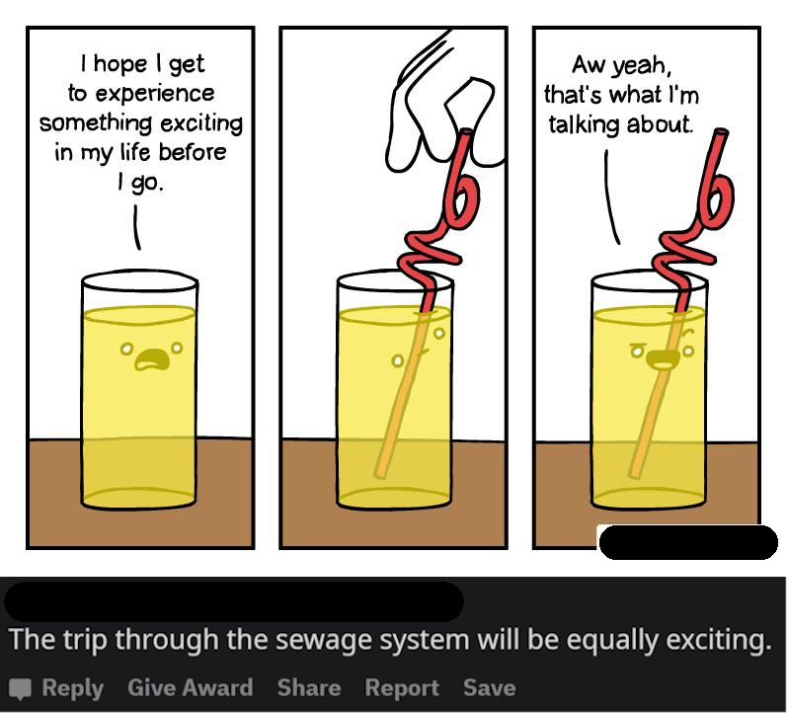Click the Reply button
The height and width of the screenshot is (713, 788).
(73, 687)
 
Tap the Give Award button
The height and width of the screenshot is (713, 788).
(190, 687)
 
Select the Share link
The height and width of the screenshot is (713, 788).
(309, 687)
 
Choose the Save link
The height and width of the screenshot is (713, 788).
(490, 687)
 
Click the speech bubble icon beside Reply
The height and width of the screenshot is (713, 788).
(21, 689)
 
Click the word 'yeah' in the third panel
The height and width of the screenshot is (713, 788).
(641, 66)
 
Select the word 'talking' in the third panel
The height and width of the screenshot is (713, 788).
(583, 124)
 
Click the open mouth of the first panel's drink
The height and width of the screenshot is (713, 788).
(152, 358)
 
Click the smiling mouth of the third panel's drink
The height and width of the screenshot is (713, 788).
(663, 358)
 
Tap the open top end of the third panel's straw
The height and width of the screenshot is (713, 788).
(722, 132)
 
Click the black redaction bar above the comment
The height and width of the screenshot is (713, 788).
(234, 601)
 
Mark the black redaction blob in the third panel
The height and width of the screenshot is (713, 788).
(688, 542)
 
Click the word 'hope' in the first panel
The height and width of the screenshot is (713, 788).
(120, 65)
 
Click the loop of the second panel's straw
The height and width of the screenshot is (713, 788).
(462, 201)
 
